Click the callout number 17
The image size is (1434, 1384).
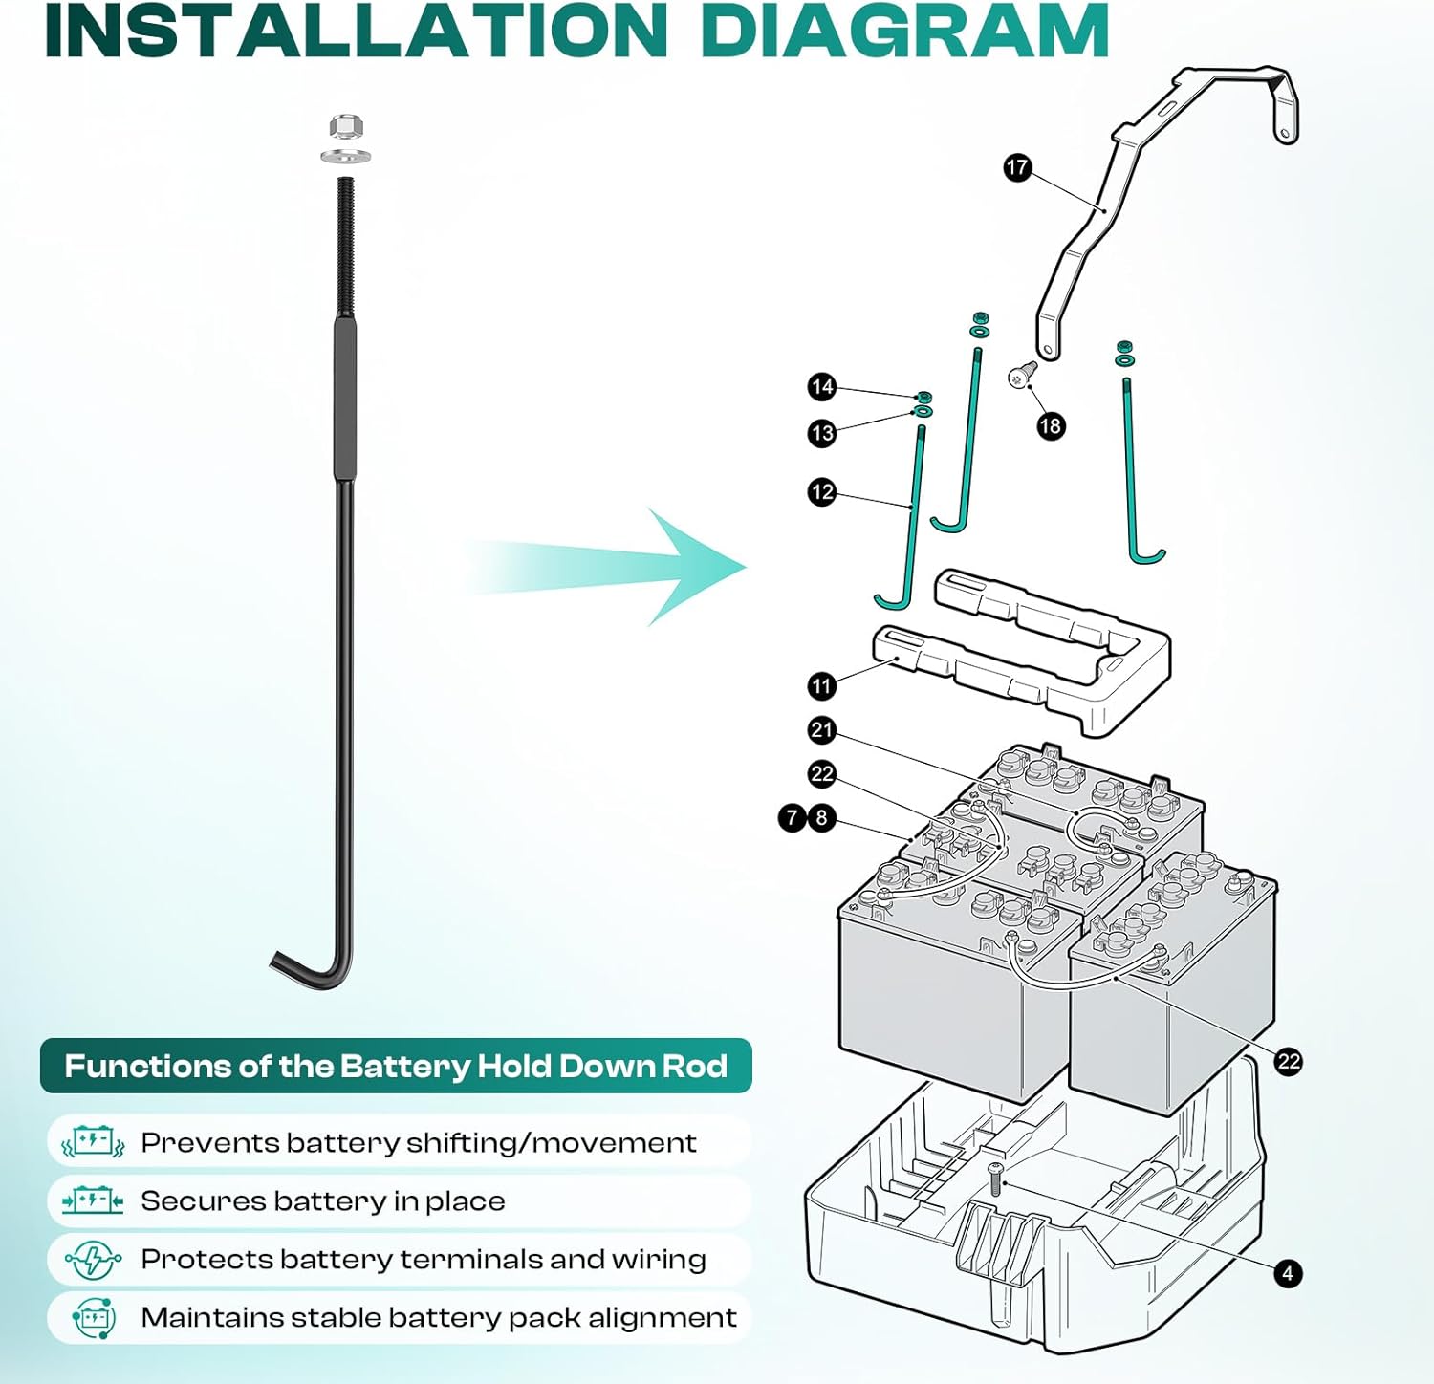[x=1017, y=168]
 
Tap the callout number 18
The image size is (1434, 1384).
[x=1050, y=426]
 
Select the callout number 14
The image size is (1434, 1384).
[x=821, y=387]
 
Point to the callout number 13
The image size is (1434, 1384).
[x=821, y=433]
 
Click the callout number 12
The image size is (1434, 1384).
[x=821, y=492]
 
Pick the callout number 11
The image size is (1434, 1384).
[x=821, y=685]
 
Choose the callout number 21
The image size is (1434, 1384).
[x=821, y=730]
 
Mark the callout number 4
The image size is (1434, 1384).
[x=1288, y=1273]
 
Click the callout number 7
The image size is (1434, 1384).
[x=792, y=818]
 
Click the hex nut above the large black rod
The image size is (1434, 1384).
[x=345, y=126]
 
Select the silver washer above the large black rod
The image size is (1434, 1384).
[x=345, y=156]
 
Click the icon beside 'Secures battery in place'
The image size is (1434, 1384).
[x=93, y=1200]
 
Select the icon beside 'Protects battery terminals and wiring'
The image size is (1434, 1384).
[x=93, y=1260]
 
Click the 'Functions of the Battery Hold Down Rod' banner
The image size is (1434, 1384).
[x=396, y=1066]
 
